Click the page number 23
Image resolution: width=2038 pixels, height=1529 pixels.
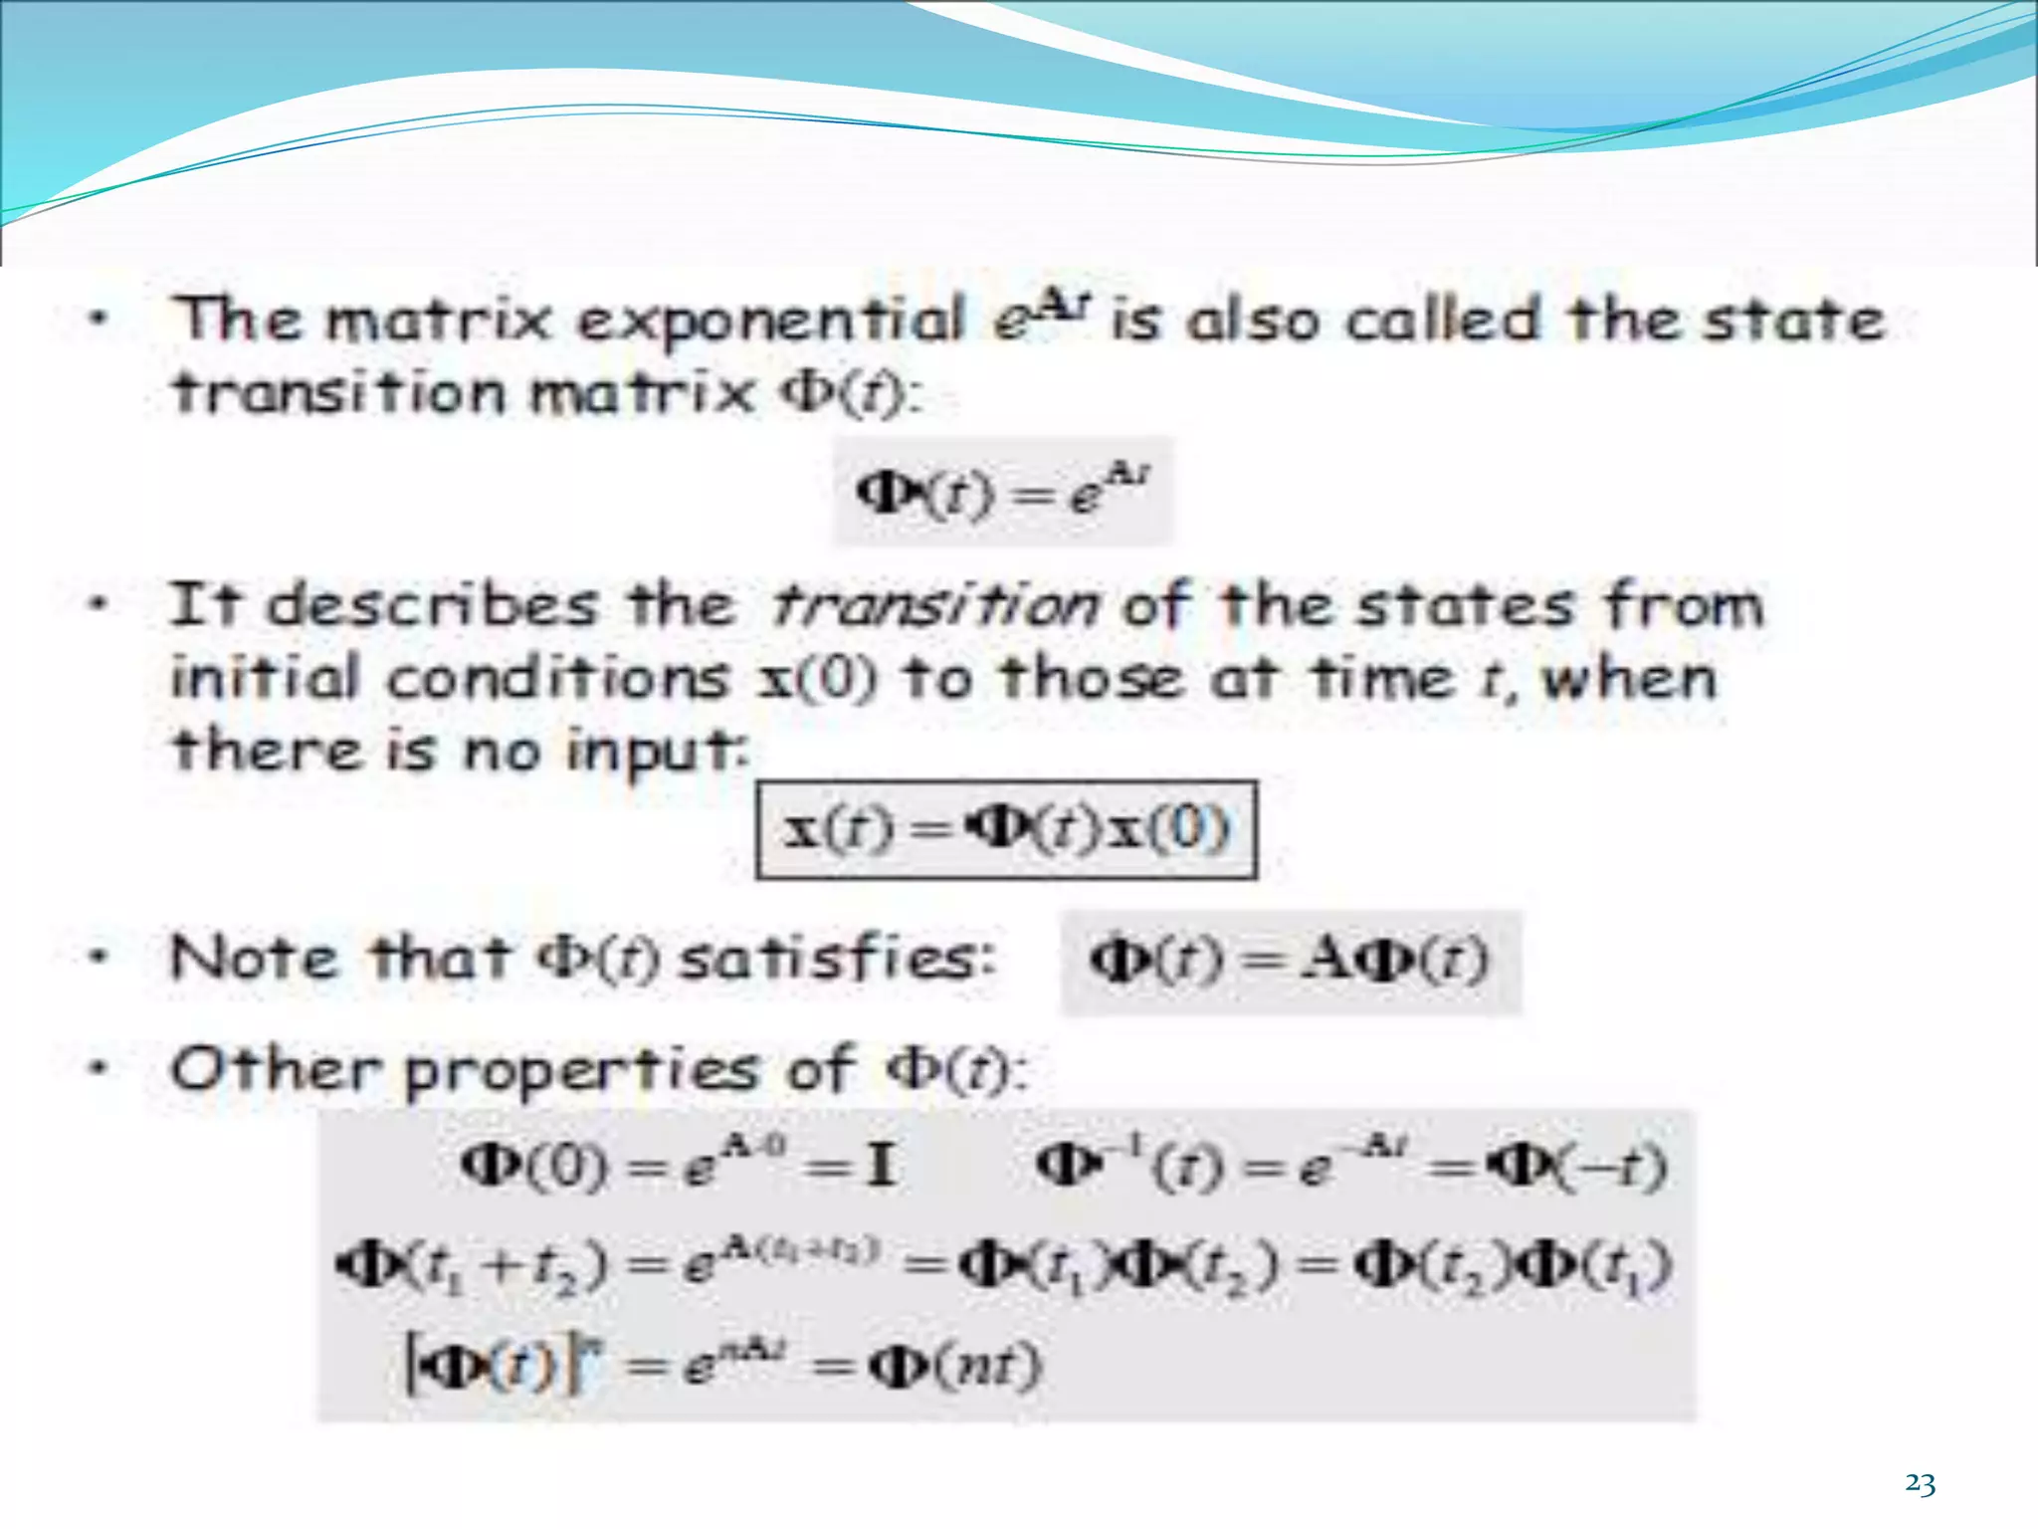click(1920, 1484)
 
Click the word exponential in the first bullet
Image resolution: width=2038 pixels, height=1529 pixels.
click(771, 322)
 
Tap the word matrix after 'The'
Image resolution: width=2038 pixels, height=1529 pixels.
click(439, 322)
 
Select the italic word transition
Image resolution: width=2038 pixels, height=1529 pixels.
click(934, 605)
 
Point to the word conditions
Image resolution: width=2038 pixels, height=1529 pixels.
click(557, 679)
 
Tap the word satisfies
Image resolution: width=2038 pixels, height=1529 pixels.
click(837, 959)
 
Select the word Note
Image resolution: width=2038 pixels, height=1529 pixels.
click(254, 959)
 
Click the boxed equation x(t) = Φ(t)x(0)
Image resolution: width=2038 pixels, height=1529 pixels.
click(1006, 829)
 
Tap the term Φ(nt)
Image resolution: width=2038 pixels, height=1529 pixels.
click(954, 1366)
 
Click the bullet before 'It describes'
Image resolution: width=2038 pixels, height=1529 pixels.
click(98, 604)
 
